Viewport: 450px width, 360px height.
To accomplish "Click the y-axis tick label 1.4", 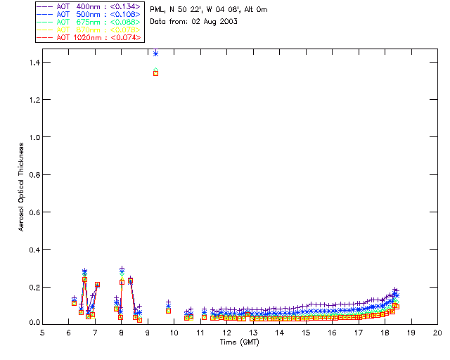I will (x=33, y=63).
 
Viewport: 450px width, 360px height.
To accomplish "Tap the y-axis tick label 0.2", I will (x=33, y=288).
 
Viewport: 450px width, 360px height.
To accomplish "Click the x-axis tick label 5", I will (x=42, y=333).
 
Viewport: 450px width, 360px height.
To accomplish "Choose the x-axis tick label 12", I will (x=227, y=333).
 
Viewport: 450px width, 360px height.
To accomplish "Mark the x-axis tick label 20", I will (x=438, y=333).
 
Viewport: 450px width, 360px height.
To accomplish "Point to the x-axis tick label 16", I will (x=333, y=333).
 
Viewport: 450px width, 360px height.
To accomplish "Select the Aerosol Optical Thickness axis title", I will (x=21, y=184).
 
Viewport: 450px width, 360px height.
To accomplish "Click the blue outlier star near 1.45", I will (x=155, y=53).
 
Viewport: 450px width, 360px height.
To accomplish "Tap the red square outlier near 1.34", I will (x=155, y=73).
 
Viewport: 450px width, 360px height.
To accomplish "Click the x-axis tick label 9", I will (x=148, y=333).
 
